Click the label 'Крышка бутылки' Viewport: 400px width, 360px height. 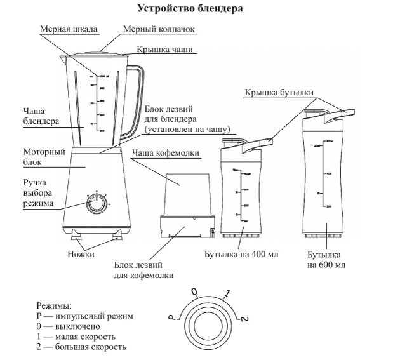(279, 93)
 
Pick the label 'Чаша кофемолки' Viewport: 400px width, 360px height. (166, 153)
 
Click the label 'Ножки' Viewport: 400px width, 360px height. (81, 254)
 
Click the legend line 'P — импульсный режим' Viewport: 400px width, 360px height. (86, 316)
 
